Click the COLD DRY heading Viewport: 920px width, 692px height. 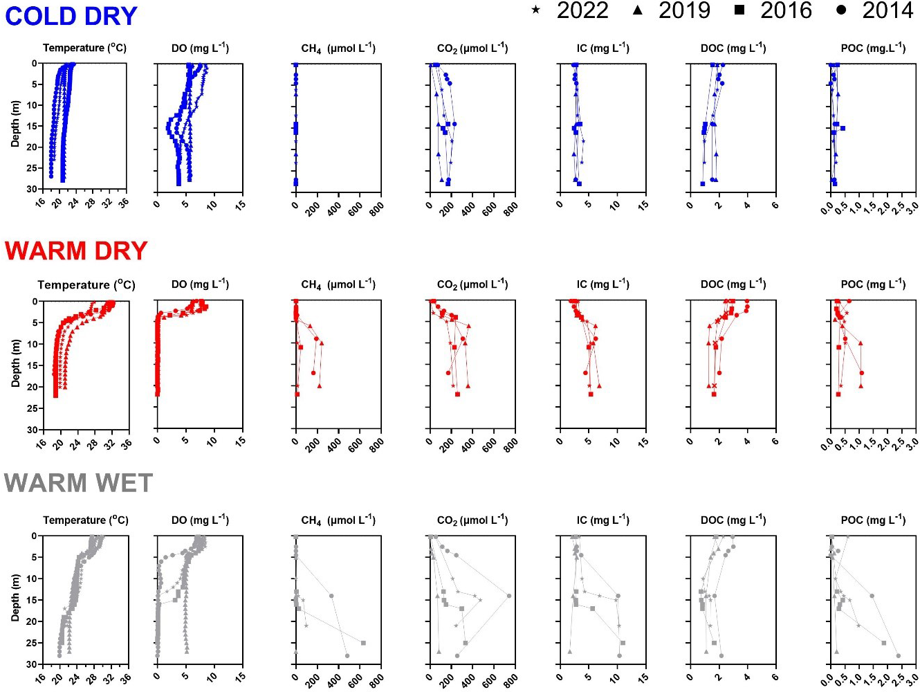tap(71, 16)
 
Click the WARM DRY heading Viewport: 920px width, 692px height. tap(76, 251)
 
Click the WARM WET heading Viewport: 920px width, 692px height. tap(78, 483)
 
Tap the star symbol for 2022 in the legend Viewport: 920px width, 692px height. tap(535, 10)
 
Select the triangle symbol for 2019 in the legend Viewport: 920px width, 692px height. tap(638, 10)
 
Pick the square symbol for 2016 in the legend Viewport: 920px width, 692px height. tap(739, 10)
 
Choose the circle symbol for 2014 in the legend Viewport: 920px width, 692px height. tap(841, 10)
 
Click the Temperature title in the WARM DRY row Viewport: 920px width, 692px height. tap(86, 284)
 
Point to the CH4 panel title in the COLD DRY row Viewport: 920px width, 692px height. tap(338, 48)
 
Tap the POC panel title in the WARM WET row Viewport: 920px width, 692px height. tap(873, 520)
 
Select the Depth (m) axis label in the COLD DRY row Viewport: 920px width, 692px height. tap(15, 124)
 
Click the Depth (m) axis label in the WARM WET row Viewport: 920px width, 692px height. tap(15, 597)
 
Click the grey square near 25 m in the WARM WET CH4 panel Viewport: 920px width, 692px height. tap(363, 643)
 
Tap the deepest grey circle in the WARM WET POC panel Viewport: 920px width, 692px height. tap(899, 655)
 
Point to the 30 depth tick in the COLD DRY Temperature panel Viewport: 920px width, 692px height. tap(33, 189)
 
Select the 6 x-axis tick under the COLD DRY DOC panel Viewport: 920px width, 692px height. tap(775, 205)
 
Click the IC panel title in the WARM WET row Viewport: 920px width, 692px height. tap(602, 520)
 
